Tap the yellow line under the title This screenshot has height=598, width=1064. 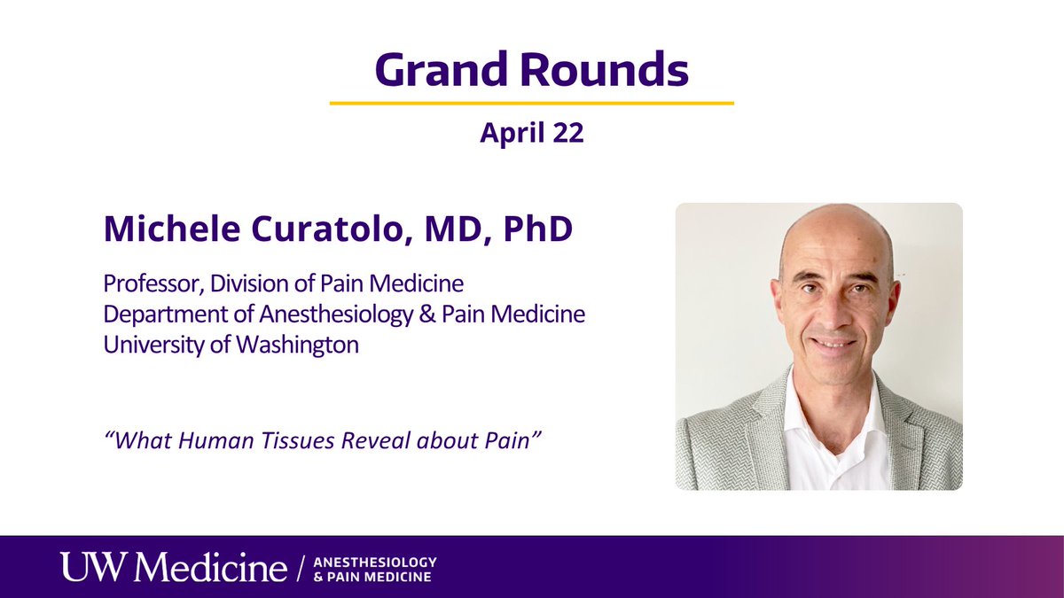click(x=532, y=104)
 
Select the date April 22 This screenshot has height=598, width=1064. click(x=532, y=134)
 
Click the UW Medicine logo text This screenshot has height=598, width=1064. click(x=173, y=568)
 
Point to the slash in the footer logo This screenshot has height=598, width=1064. click(x=302, y=568)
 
